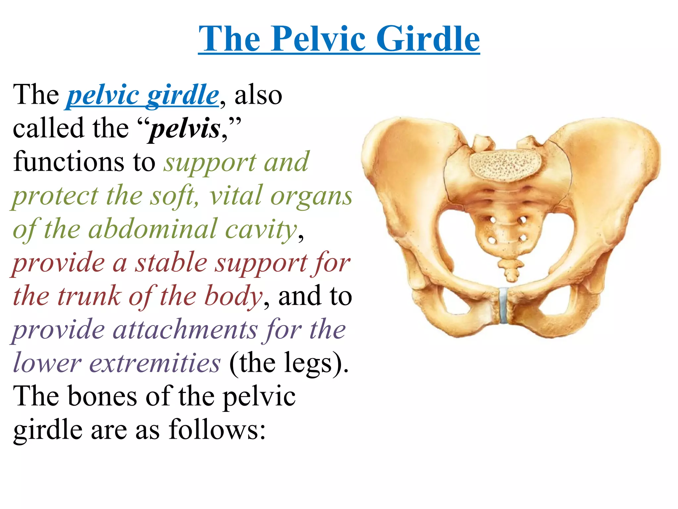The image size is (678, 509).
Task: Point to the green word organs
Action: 311,196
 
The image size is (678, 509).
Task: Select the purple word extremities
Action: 155,363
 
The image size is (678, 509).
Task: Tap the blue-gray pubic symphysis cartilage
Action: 504,305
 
